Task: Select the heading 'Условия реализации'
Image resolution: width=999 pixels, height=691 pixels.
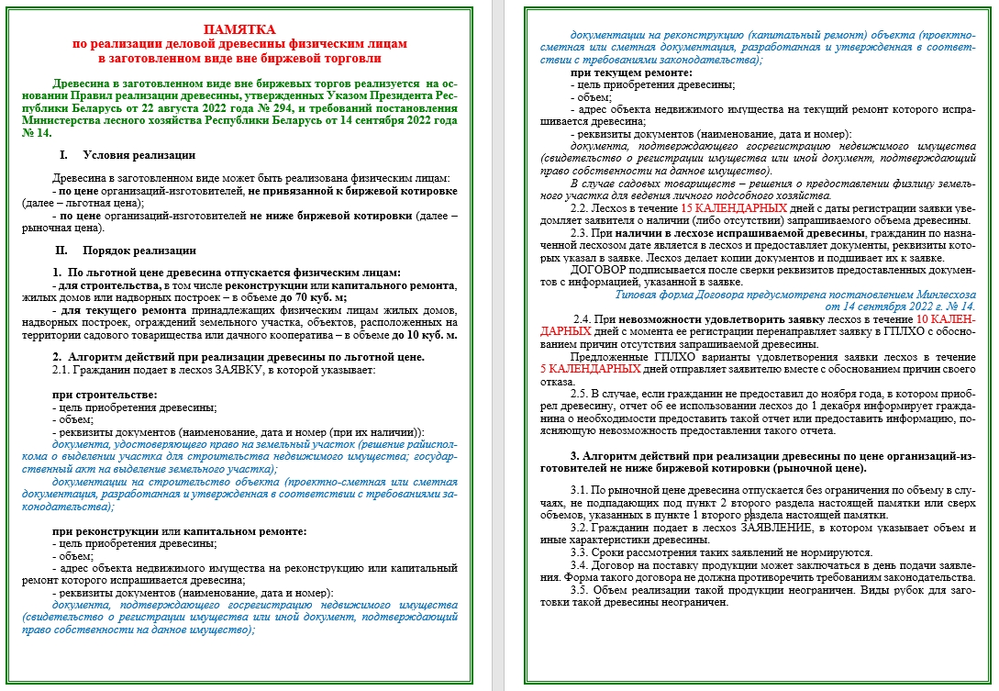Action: coord(139,155)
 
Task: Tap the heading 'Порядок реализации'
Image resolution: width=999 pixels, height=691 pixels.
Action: coord(139,250)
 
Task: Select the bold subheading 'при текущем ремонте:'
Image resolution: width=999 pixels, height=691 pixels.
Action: coord(631,72)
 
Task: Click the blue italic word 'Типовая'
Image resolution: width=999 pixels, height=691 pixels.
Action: coord(636,295)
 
